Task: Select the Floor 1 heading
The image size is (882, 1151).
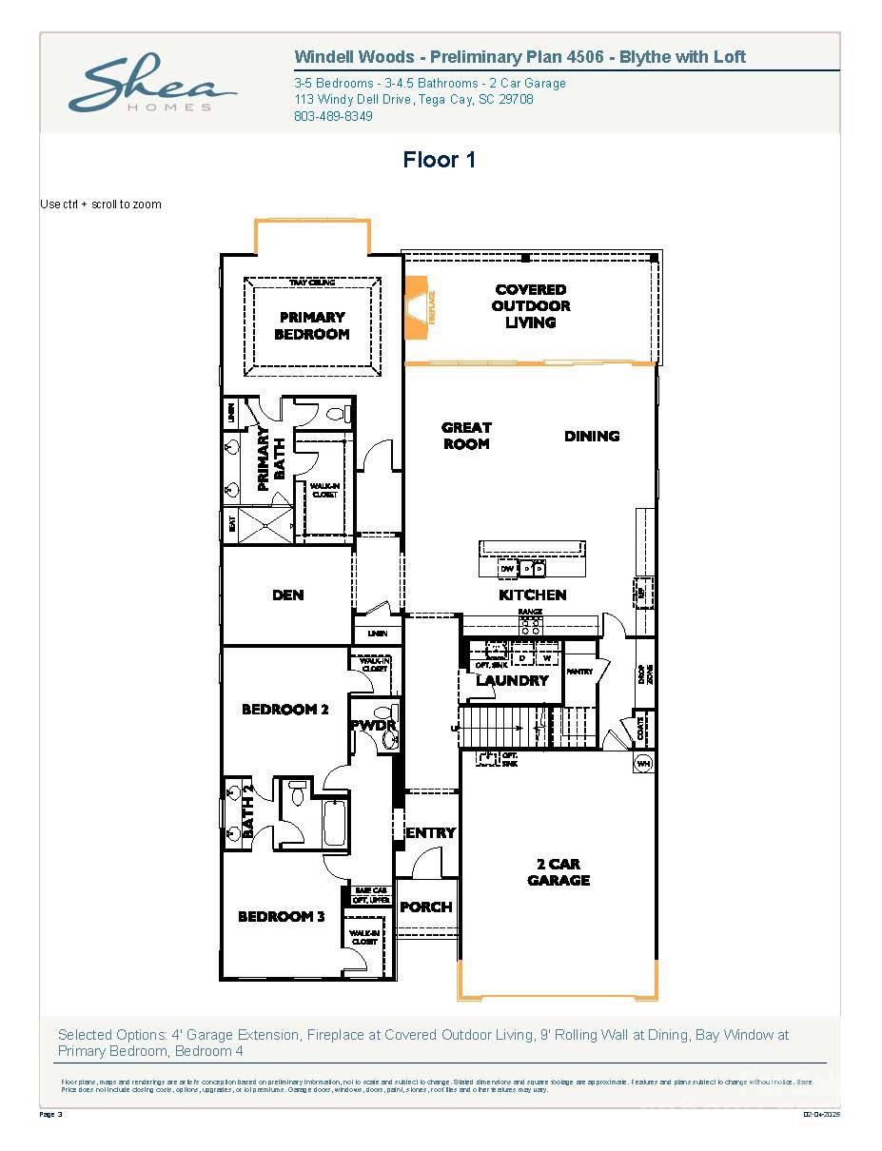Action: tap(439, 160)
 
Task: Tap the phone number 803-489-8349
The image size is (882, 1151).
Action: tap(333, 116)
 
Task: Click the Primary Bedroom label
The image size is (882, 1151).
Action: tap(311, 325)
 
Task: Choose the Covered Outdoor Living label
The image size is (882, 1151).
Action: tap(531, 306)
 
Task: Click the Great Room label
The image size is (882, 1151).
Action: tap(466, 436)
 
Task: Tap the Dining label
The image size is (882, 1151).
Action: tap(592, 436)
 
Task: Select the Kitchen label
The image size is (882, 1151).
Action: tap(533, 595)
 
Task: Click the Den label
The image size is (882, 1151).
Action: tap(287, 595)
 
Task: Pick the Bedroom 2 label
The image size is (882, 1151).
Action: tap(284, 710)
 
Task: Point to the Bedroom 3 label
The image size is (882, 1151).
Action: tap(281, 917)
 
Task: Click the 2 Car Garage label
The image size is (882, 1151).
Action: tap(559, 872)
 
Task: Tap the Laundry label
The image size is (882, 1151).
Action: tap(512, 681)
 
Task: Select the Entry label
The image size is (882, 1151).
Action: tap(431, 833)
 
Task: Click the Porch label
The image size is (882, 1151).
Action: tap(425, 907)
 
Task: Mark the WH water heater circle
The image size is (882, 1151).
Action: tap(642, 763)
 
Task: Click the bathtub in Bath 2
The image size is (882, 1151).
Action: tap(334, 824)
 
